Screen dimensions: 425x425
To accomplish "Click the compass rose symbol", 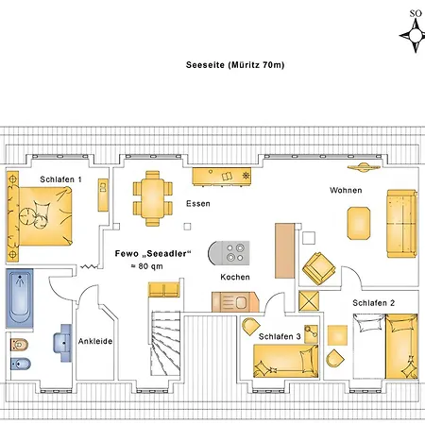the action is [x=416, y=35].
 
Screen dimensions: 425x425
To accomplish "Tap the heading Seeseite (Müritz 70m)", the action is [x=235, y=65].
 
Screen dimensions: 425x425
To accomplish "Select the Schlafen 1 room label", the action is [x=60, y=179].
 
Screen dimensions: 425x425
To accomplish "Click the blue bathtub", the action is [x=20, y=298].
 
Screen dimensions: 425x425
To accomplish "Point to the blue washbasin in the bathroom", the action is [x=63, y=343].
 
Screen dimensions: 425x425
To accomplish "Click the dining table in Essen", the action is [x=152, y=198].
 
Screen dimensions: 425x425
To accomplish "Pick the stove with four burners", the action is [x=229, y=253].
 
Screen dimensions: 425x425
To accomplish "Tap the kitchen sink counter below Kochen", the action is [x=235, y=302].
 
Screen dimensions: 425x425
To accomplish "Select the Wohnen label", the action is [x=346, y=190].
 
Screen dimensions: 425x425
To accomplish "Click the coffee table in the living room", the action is [x=359, y=223].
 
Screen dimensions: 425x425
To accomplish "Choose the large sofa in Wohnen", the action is [x=401, y=224].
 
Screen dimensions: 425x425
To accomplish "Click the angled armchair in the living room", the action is [x=318, y=268].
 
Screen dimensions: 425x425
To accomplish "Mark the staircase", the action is [x=165, y=343].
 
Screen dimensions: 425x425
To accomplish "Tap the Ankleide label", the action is [x=95, y=341].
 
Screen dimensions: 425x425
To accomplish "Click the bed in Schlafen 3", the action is [x=286, y=361].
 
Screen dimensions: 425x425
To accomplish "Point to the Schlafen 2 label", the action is [x=374, y=303].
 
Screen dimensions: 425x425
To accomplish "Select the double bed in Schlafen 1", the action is [x=40, y=216].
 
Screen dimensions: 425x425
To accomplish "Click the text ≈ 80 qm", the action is [x=146, y=266].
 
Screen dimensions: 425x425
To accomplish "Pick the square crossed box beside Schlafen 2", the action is [x=309, y=300].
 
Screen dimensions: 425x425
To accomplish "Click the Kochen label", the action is [x=235, y=277].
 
